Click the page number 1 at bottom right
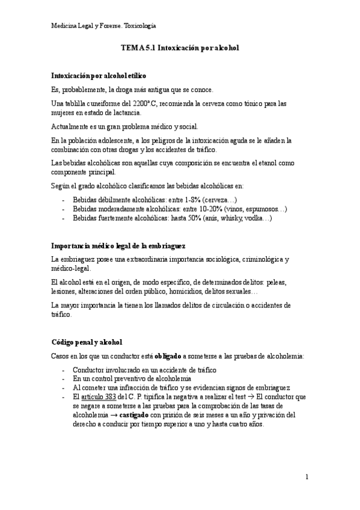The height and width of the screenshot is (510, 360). [307, 478]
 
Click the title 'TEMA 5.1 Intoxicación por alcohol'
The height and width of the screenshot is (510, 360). [180, 48]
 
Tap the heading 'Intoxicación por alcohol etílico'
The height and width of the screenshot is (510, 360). [99, 76]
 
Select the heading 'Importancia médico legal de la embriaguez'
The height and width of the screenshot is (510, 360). [118, 247]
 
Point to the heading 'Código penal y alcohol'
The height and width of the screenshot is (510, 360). [87, 342]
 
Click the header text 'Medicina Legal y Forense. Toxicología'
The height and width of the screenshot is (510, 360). [104, 26]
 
